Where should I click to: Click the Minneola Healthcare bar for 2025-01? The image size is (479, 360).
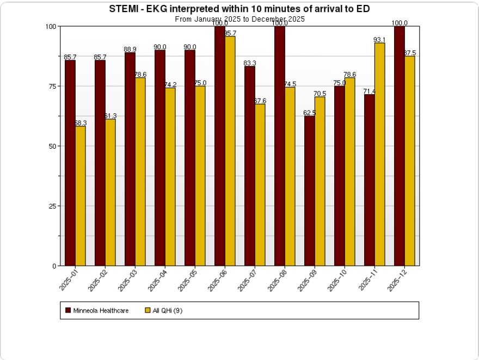(x=70, y=163)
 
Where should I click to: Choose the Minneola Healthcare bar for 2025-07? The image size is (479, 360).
(x=249, y=166)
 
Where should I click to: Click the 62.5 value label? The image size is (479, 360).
(x=309, y=113)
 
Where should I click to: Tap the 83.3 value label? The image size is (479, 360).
(x=250, y=63)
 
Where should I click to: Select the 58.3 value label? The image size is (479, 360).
(x=81, y=123)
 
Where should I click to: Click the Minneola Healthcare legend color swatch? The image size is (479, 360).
(x=68, y=310)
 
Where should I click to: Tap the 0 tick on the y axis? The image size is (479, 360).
(x=54, y=266)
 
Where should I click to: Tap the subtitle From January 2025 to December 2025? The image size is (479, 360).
(x=239, y=19)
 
